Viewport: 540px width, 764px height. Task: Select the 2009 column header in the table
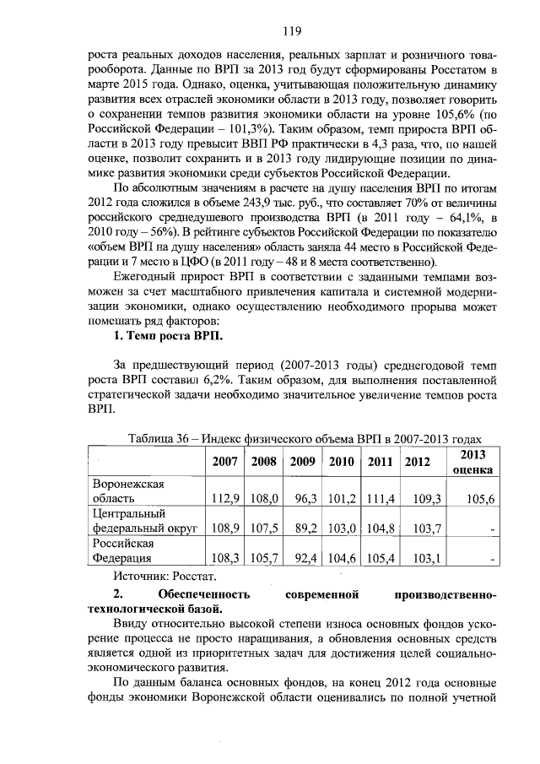point(302,461)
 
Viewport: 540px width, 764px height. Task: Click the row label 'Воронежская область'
point(128,490)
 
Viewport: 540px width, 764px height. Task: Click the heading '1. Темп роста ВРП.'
point(168,336)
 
